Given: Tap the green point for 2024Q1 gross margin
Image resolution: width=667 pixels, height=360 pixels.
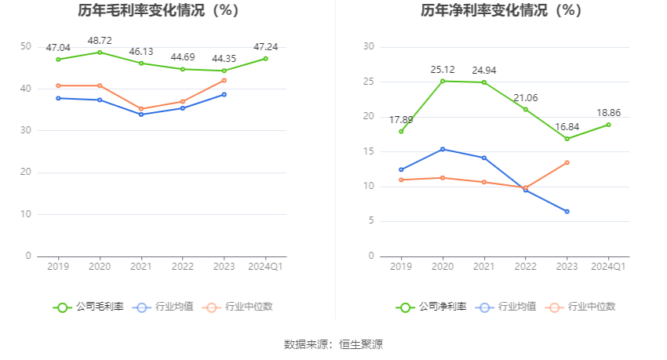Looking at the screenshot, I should [265, 59].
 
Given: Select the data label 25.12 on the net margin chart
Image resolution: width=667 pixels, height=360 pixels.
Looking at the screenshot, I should [442, 70].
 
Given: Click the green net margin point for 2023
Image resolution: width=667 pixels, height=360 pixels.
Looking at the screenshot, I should [567, 139].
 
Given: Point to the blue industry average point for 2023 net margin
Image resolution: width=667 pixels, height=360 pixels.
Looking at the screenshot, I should [567, 211].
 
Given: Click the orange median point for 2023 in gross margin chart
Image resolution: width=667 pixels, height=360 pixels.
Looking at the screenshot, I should [224, 80].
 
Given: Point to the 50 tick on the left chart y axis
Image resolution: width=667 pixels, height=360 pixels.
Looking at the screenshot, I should [26, 47].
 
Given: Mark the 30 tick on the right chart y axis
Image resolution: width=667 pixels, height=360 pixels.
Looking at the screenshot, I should [369, 47].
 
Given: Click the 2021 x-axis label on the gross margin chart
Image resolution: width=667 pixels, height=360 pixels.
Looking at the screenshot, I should [140, 267].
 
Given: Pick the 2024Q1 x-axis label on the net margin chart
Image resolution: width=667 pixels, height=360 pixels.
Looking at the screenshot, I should [608, 267].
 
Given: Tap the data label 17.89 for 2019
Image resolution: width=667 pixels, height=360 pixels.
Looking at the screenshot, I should [401, 120].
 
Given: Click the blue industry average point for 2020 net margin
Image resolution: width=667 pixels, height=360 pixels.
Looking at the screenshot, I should [442, 149].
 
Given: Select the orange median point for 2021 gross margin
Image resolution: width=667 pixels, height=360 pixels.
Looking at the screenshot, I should [140, 109].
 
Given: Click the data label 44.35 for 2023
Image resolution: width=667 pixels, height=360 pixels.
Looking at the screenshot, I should [224, 59].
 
